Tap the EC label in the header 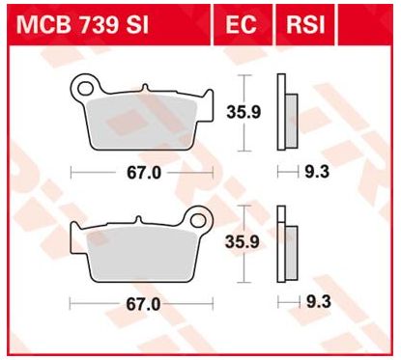point(241,23)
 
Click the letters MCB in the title point(40,23)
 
